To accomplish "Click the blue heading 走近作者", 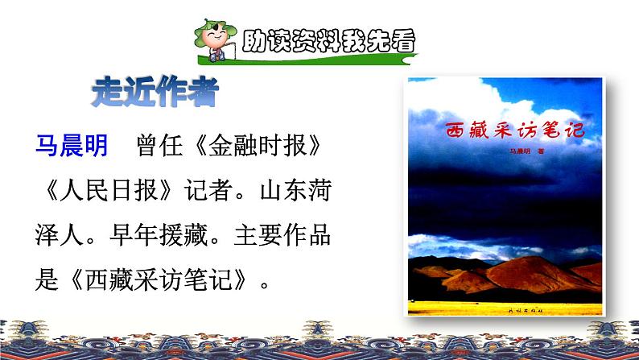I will coord(154,93).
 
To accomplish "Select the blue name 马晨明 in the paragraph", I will coord(70,145).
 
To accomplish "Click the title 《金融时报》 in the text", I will coord(258,145).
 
